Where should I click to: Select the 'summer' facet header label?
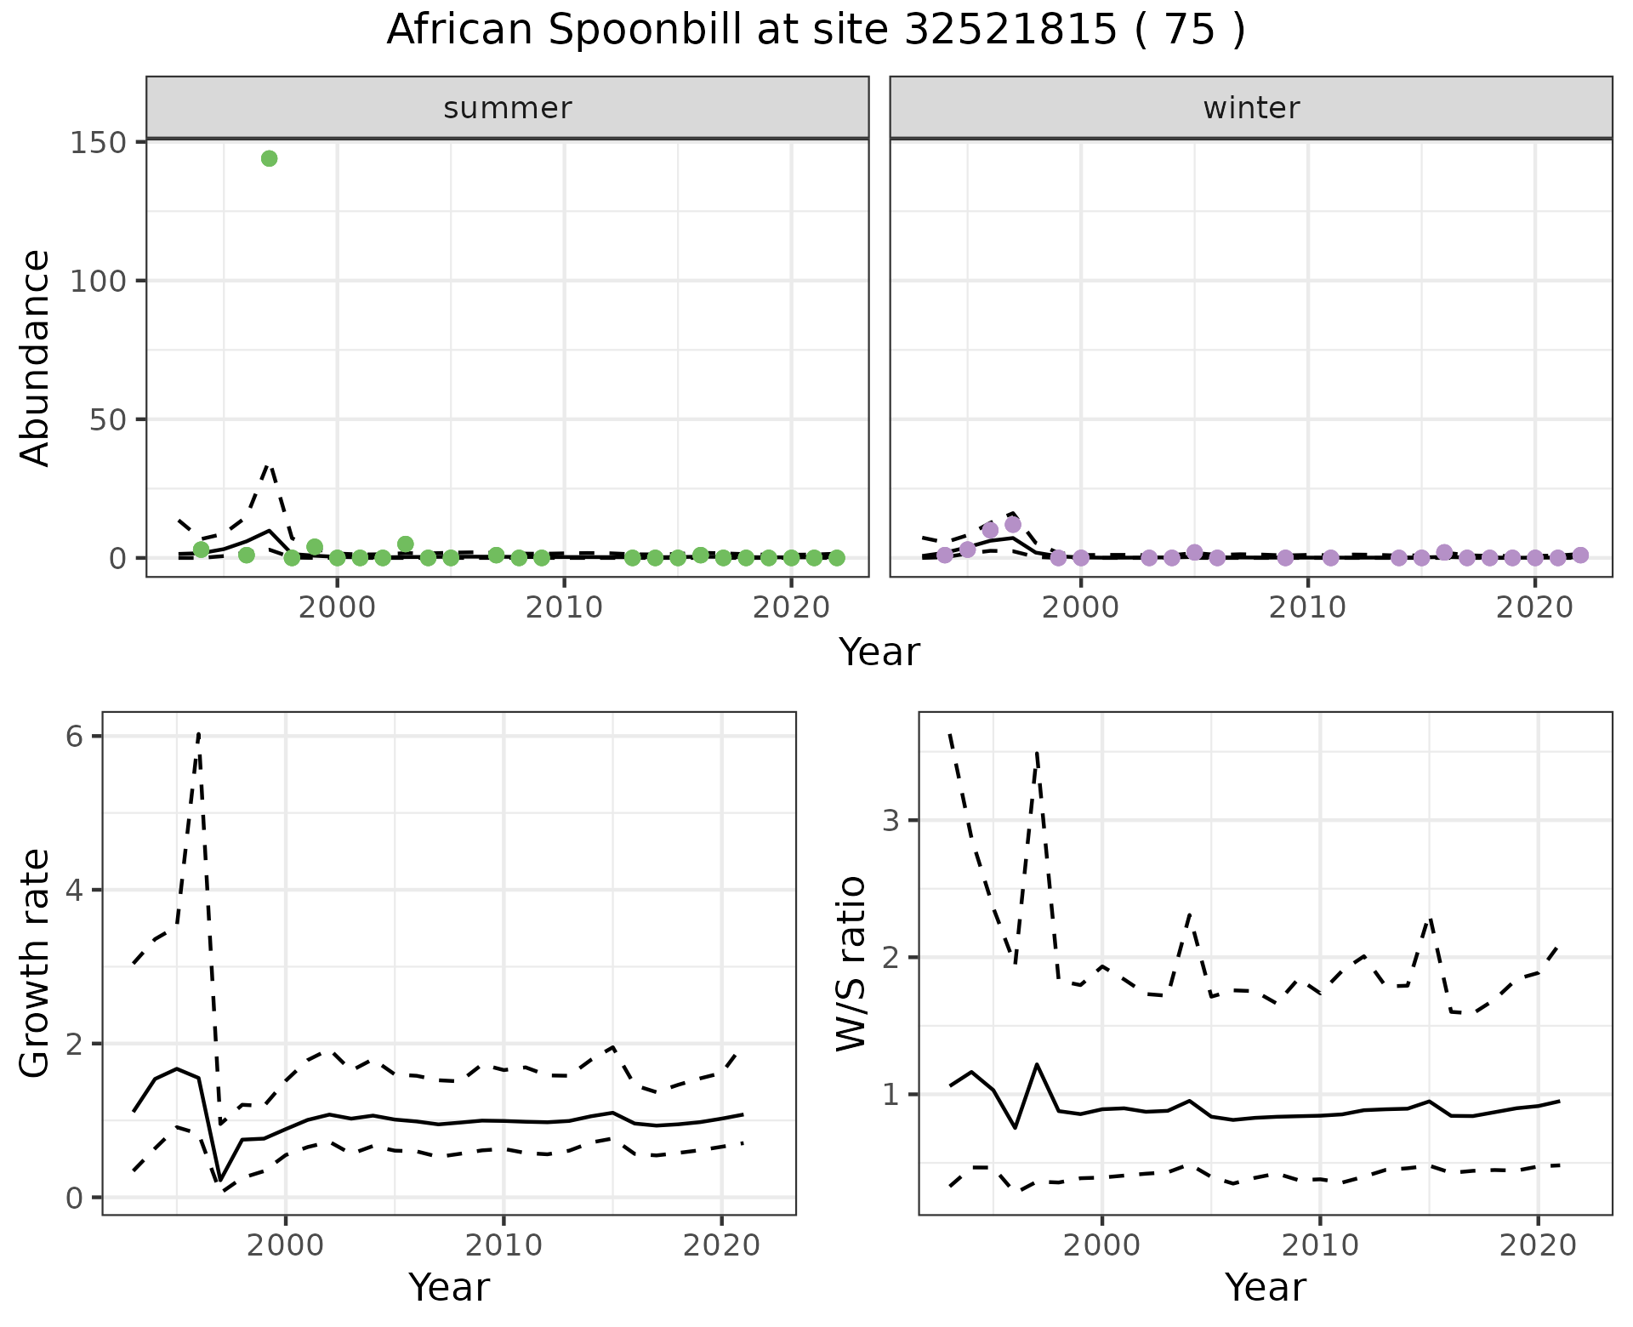(x=508, y=108)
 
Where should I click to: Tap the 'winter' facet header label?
(x=1251, y=108)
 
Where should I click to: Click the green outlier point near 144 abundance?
(x=270, y=159)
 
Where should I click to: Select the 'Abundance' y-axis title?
(x=36, y=357)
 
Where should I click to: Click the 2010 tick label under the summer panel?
(x=564, y=607)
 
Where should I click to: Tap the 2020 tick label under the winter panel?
(x=1535, y=607)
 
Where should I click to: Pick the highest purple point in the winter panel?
(x=1013, y=525)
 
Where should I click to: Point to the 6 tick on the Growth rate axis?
(x=75, y=737)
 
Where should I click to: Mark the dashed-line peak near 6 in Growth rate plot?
(x=199, y=733)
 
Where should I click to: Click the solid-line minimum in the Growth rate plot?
(x=220, y=1181)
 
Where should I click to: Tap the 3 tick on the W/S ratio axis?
(x=890, y=821)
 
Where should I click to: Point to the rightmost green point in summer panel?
(x=837, y=558)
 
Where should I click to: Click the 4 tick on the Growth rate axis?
(x=75, y=891)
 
